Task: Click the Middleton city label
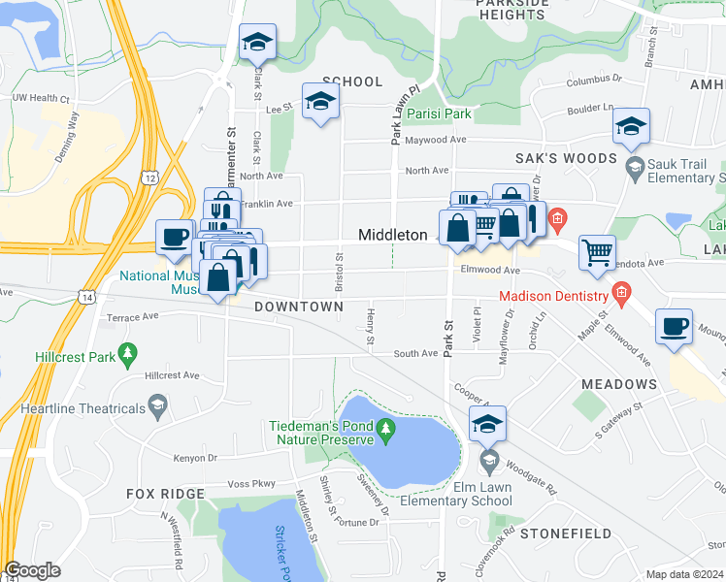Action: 393,235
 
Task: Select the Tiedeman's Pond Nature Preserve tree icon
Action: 386,428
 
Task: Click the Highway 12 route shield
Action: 148,177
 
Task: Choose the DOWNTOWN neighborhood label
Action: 298,307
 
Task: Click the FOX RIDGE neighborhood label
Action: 166,494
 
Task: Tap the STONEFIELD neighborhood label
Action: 566,533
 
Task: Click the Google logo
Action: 33,570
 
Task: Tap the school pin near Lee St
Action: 319,103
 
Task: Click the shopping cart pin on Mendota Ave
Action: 597,253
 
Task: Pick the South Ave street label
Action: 415,354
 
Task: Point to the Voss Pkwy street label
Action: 250,483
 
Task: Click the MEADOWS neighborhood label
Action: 618,385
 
